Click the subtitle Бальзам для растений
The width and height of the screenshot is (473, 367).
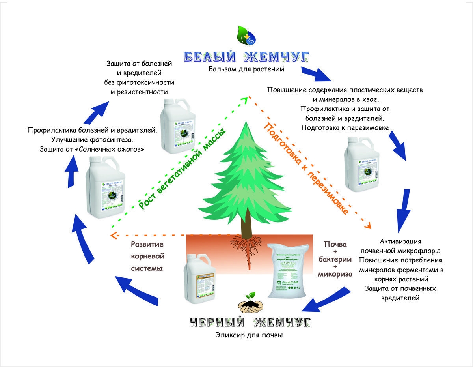(x=247, y=69)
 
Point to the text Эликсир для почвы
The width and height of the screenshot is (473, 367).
(x=250, y=335)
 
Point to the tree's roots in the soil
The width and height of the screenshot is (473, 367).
(x=248, y=247)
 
